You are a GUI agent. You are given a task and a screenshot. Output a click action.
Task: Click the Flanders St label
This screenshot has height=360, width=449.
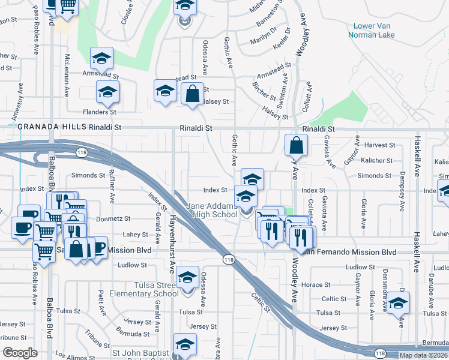pyautogui.click(x=100, y=112)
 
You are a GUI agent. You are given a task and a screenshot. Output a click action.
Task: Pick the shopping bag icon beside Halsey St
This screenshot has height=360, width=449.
pyautogui.click(x=192, y=95)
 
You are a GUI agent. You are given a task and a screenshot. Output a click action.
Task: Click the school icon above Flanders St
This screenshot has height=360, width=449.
pyautogui.click(x=108, y=92)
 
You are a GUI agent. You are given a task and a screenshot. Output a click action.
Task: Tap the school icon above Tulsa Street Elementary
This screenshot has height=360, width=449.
pyautogui.click(x=188, y=277)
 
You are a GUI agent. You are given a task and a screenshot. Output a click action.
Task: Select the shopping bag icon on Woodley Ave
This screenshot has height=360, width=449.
pyautogui.click(x=297, y=145)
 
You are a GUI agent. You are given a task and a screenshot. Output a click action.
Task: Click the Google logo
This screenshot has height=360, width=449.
pyautogui.click(x=20, y=353)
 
